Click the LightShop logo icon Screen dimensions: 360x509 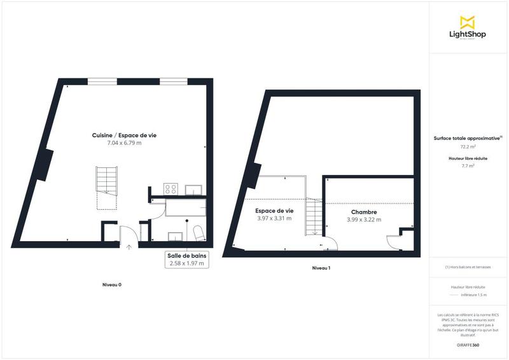(467, 22)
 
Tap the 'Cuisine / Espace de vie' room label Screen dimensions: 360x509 (124, 135)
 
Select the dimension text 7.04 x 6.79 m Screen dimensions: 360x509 (124, 143)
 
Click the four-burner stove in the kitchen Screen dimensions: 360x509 (171, 189)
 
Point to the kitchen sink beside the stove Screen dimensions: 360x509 (193, 189)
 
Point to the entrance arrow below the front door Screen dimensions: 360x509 (129, 247)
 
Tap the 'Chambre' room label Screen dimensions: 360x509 (364, 212)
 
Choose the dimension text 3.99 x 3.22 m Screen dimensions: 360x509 (364, 220)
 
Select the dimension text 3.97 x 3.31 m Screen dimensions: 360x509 (274, 218)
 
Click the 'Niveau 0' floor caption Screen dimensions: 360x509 (112, 284)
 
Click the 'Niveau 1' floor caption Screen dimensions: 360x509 (321, 268)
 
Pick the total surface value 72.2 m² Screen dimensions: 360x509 (468, 146)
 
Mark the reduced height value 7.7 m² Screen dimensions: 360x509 (468, 166)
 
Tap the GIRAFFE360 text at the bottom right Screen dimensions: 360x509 (468, 344)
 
